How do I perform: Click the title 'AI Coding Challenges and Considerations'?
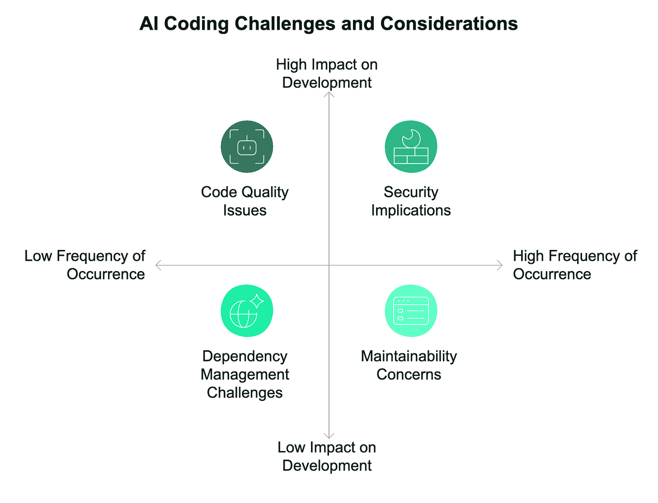click(329, 24)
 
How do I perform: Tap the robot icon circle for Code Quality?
click(247, 146)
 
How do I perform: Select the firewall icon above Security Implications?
click(411, 146)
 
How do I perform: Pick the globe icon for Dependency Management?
click(247, 311)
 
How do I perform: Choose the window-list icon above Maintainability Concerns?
click(411, 311)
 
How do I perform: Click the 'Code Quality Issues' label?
click(245, 201)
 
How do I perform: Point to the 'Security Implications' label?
click(411, 201)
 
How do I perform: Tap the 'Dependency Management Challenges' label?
click(245, 374)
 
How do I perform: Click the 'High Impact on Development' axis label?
click(327, 73)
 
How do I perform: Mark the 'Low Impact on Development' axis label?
click(327, 456)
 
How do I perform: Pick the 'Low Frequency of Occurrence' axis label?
click(85, 265)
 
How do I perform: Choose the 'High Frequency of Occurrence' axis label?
click(574, 265)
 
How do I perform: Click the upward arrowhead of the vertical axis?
click(329, 94)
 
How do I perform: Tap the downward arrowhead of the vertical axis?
click(329, 436)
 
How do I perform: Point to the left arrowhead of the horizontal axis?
click(157, 265)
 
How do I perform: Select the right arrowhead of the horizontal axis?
click(501, 265)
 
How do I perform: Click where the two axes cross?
click(329, 265)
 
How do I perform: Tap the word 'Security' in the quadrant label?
click(411, 192)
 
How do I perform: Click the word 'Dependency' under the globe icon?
click(245, 357)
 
